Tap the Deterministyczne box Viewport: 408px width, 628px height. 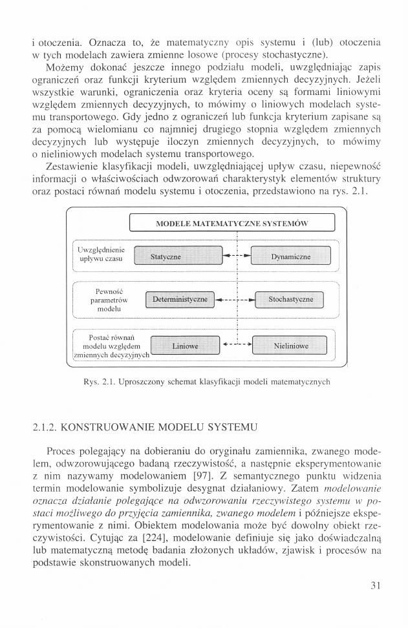(179, 300)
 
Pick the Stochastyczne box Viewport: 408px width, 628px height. (290, 300)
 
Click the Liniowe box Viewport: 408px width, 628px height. (185, 346)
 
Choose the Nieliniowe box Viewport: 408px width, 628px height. (291, 346)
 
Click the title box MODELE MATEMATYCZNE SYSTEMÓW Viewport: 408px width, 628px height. (232, 224)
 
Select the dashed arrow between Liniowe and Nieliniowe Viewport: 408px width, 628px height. (236, 344)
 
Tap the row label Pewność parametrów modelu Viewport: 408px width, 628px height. (108, 300)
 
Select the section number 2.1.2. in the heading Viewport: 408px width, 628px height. (47, 428)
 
